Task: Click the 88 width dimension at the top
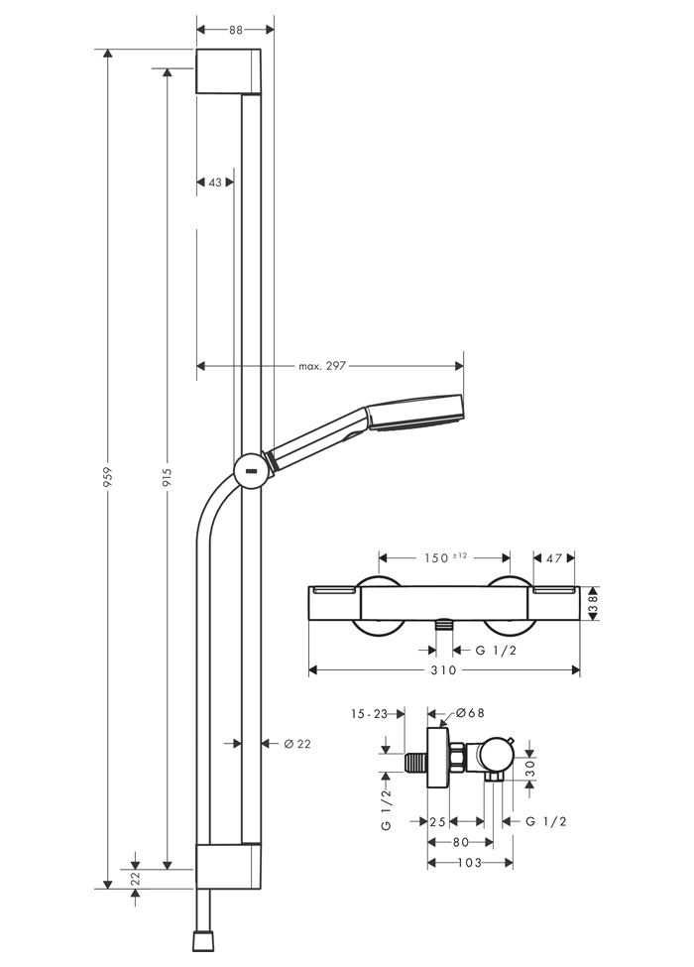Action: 235,30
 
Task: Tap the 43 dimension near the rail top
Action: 215,182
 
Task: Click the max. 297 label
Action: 322,366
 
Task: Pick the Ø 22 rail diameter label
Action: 297,745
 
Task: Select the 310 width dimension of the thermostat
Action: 443,670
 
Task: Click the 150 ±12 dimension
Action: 445,558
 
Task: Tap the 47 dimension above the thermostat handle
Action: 554,558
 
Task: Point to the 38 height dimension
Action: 594,603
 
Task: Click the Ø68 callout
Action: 470,713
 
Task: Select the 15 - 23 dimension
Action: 369,714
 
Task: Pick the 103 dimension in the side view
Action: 470,863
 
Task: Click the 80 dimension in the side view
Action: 461,842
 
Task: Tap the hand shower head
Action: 414,413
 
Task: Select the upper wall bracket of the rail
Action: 228,71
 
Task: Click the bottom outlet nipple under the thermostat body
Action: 443,625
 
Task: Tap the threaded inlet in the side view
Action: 416,763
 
